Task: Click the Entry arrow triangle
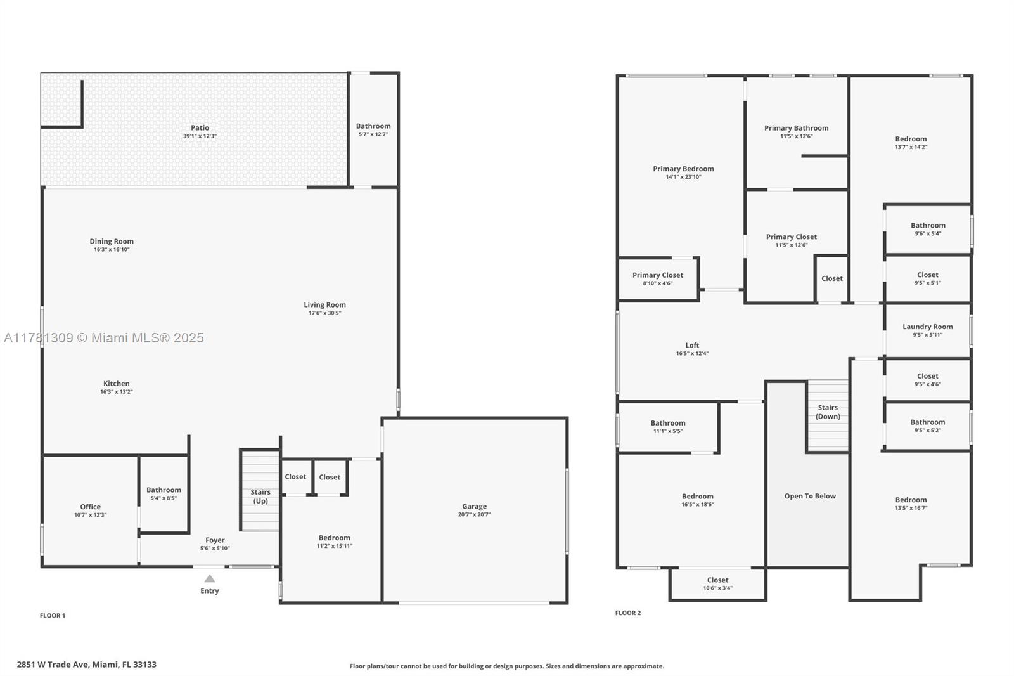coord(210,578)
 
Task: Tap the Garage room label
coord(474,506)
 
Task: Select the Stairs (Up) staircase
coord(260,490)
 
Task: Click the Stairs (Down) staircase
coord(828,415)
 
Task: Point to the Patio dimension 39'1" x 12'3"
coord(200,136)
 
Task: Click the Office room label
coord(90,507)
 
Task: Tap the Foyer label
coord(215,540)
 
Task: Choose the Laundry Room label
coord(927,327)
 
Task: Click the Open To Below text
coord(810,496)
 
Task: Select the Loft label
coord(692,346)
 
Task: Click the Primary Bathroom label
coord(796,128)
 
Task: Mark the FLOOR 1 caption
coord(53,615)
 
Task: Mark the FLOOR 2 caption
coord(628,613)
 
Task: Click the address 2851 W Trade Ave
coord(86,665)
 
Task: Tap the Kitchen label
coord(117,384)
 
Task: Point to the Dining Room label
coord(112,242)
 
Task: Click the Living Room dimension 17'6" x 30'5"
coord(324,313)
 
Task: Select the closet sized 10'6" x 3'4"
coord(717,583)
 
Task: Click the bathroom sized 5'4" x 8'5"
coord(164,493)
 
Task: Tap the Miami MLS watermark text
coord(105,338)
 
